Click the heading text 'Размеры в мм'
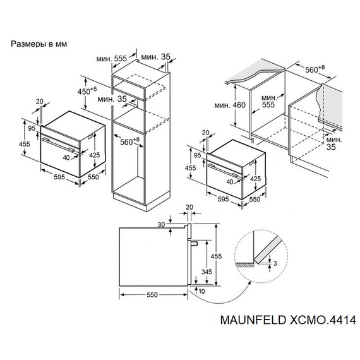(39, 44)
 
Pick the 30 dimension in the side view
(162, 224)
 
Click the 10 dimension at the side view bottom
(201, 291)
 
